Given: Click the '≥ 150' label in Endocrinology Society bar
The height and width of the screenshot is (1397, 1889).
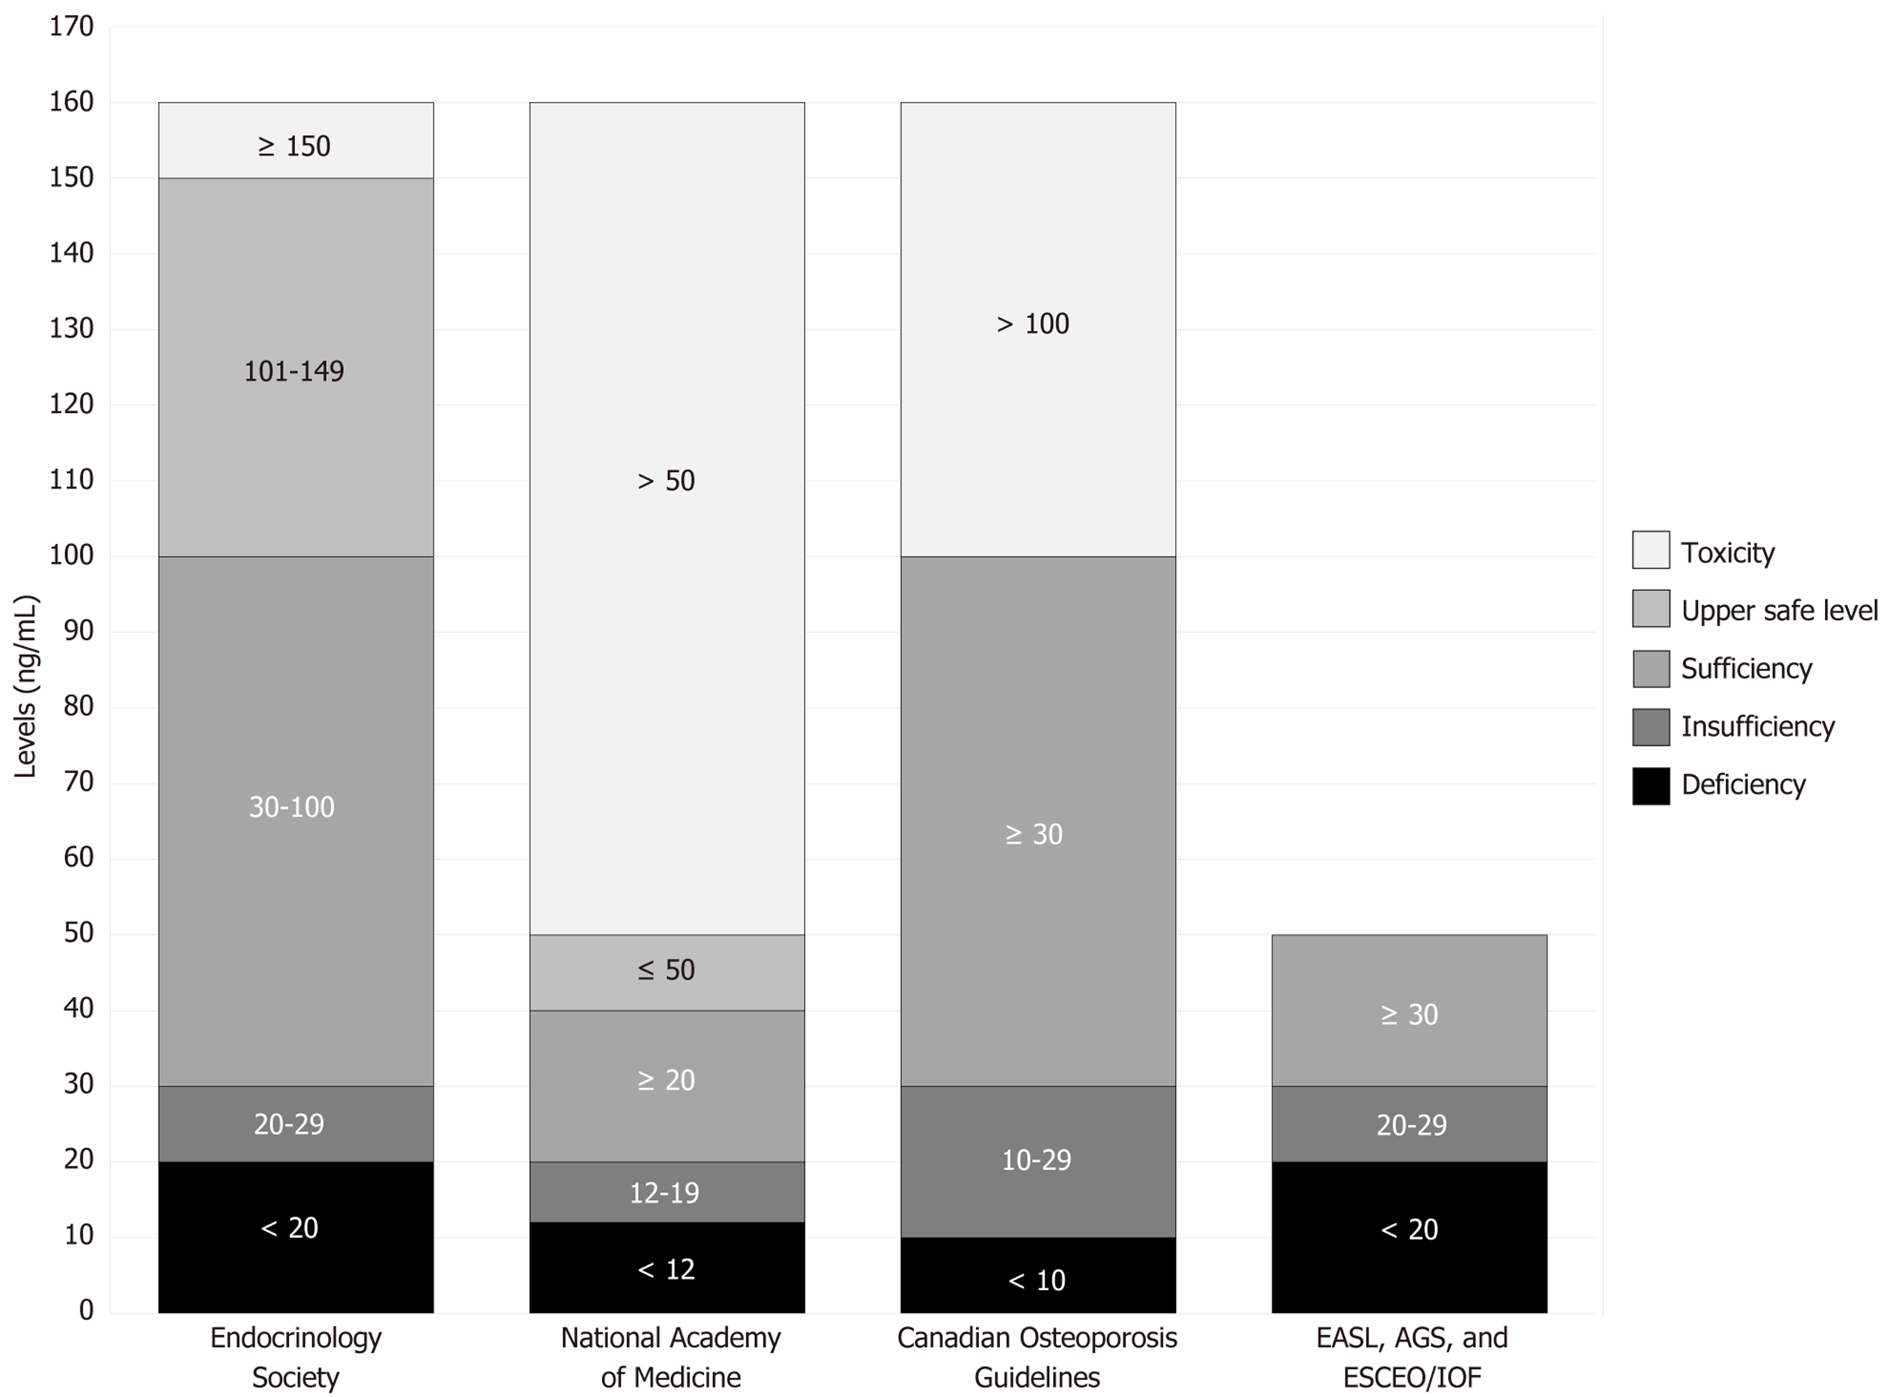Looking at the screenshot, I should (294, 147).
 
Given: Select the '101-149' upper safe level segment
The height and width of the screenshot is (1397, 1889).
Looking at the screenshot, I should (294, 371).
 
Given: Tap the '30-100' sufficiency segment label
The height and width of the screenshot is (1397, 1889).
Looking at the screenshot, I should (292, 807).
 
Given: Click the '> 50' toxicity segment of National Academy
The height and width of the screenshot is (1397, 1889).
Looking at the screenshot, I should (667, 481).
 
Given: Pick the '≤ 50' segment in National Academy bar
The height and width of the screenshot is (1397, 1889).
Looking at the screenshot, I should (667, 970).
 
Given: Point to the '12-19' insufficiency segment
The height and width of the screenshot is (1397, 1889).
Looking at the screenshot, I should (664, 1193).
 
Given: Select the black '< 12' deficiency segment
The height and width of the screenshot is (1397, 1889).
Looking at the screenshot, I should (667, 1269).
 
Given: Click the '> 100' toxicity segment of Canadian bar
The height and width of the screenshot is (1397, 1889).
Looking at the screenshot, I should (1034, 324).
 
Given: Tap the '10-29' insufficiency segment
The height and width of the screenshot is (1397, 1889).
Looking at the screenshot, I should (1036, 1160).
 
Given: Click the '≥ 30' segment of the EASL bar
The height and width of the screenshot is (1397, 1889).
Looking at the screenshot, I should (1408, 1015).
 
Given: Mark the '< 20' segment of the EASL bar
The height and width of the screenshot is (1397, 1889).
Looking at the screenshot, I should (1408, 1230).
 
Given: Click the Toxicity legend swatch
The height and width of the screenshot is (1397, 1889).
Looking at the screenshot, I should (1651, 550).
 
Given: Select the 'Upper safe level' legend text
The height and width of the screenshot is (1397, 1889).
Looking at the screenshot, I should (1779, 611).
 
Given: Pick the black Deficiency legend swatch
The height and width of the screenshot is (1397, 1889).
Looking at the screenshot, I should (1651, 786).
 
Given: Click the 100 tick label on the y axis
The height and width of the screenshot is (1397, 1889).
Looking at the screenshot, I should (72, 556).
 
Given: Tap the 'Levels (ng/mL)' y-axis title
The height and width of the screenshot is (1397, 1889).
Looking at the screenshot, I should (26, 687).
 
